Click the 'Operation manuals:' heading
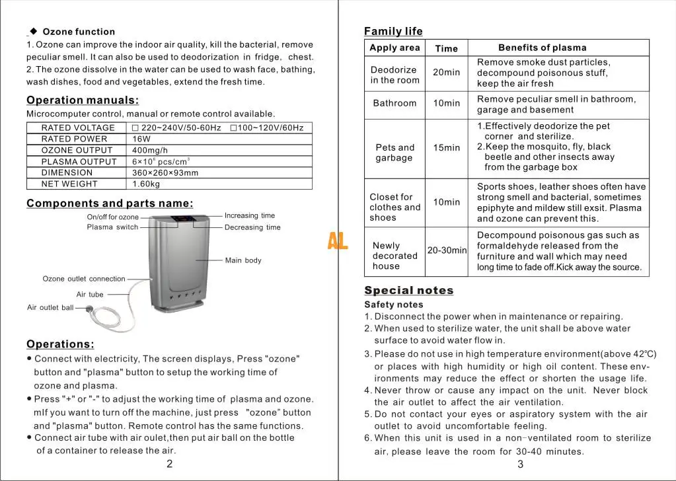pyautogui.click(x=83, y=100)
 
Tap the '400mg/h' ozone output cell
pyautogui.click(x=150, y=150)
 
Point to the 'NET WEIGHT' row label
pyautogui.click(x=69, y=184)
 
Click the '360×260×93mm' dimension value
pyautogui.click(x=165, y=172)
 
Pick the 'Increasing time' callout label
pyautogui.click(x=249, y=215)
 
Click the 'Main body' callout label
pyautogui.click(x=243, y=260)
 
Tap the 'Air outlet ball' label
pyautogui.click(x=50, y=308)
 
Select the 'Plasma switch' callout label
pyautogui.click(x=112, y=227)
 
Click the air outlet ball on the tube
pyautogui.click(x=89, y=309)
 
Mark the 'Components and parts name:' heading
pyautogui.click(x=110, y=203)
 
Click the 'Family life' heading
pyautogui.click(x=393, y=31)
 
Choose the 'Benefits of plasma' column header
pyautogui.click(x=542, y=48)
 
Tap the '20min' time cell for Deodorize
pyautogui.click(x=447, y=72)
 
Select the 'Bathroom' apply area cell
pyautogui.click(x=394, y=103)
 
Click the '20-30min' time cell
pyautogui.click(x=447, y=250)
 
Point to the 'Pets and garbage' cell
pyautogui.click(x=394, y=153)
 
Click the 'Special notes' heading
pyautogui.click(x=409, y=291)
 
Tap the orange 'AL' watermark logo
pyautogui.click(x=338, y=241)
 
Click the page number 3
pyautogui.click(x=520, y=464)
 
